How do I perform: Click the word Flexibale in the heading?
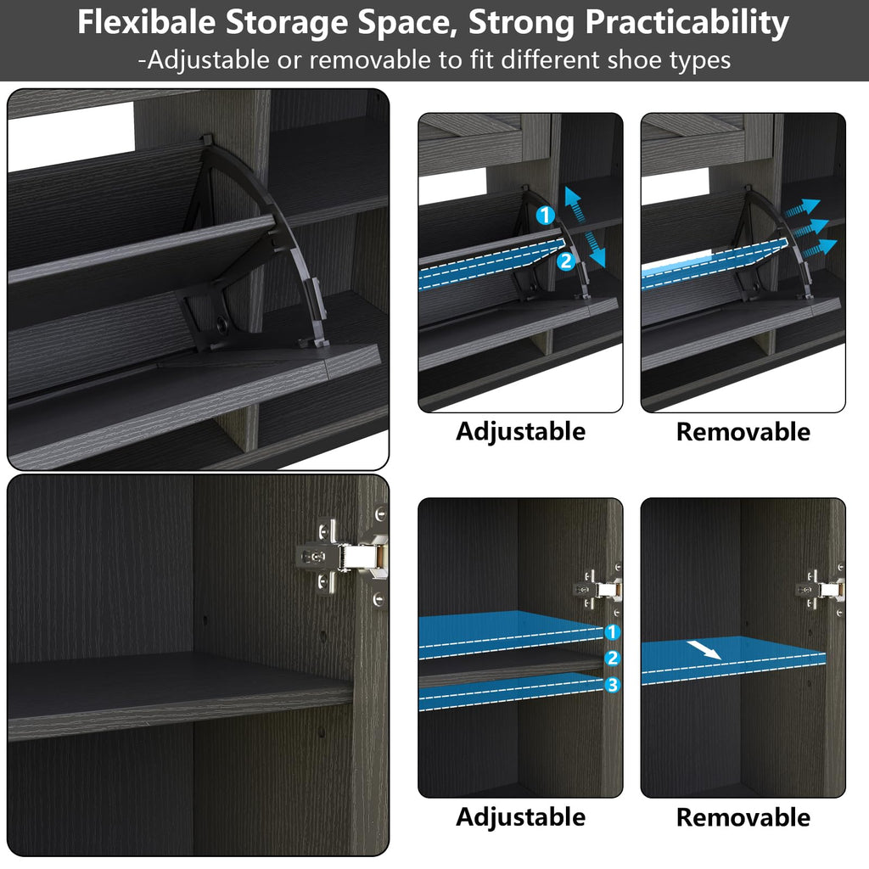146,23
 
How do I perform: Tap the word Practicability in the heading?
687,23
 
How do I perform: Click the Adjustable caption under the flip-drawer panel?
520,432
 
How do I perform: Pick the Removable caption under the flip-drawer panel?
743,432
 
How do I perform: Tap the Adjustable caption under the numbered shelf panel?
520,817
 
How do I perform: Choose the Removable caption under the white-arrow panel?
743,817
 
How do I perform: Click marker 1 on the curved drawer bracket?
546,215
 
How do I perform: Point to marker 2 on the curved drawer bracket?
565,261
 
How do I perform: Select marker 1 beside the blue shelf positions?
612,631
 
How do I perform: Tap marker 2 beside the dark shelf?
612,658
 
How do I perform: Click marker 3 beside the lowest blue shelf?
612,685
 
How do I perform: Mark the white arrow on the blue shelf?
704,650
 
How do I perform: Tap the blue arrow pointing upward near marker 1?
575,204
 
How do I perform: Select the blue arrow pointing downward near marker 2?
595,249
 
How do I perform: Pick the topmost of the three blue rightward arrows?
802,208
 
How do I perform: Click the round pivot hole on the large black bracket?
223,325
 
